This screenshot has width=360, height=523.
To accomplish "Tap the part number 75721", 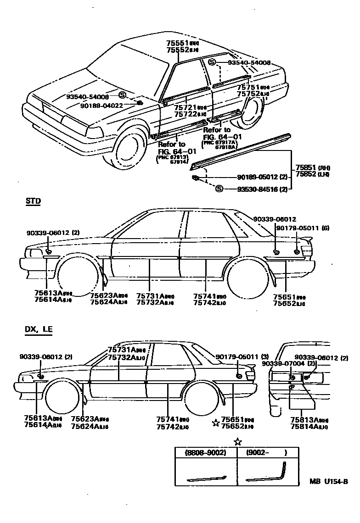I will pos(185,107).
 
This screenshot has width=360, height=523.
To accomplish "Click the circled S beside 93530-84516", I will pos(219,189).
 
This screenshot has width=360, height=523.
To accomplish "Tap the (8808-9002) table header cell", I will pos(206,452).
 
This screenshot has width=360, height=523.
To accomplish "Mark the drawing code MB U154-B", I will pos(328,481).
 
